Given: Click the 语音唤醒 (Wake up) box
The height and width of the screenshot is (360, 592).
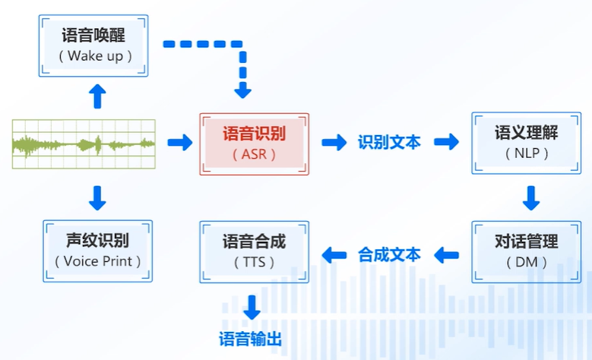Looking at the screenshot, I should pyautogui.click(x=93, y=45).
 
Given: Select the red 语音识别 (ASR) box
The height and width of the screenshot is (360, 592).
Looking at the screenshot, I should pyautogui.click(x=254, y=144).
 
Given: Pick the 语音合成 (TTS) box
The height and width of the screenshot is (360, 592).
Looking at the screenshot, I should pyautogui.click(x=254, y=252).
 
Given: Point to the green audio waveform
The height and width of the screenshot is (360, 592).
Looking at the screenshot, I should pyautogui.click(x=84, y=143).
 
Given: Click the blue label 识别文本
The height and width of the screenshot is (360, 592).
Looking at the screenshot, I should pyautogui.click(x=389, y=143).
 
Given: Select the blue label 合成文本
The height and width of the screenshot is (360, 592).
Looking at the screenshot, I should pyautogui.click(x=389, y=254).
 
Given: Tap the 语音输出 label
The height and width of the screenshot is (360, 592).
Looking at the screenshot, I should pyautogui.click(x=251, y=339).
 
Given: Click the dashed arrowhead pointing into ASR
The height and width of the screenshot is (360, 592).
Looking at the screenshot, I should pyautogui.click(x=242, y=91).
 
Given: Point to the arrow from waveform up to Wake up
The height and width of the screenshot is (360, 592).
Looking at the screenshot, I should pyautogui.click(x=97, y=96).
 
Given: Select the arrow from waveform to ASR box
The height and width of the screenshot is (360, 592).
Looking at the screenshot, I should pyautogui.click(x=180, y=143).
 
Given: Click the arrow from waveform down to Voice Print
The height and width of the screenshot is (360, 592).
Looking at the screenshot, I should pyautogui.click(x=97, y=197).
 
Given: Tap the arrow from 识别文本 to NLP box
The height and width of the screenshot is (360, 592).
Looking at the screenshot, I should pyautogui.click(x=447, y=143).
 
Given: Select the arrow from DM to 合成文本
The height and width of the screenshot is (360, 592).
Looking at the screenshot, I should pyautogui.click(x=447, y=254).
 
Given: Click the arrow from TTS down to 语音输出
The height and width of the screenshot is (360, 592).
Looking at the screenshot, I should pyautogui.click(x=252, y=307).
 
